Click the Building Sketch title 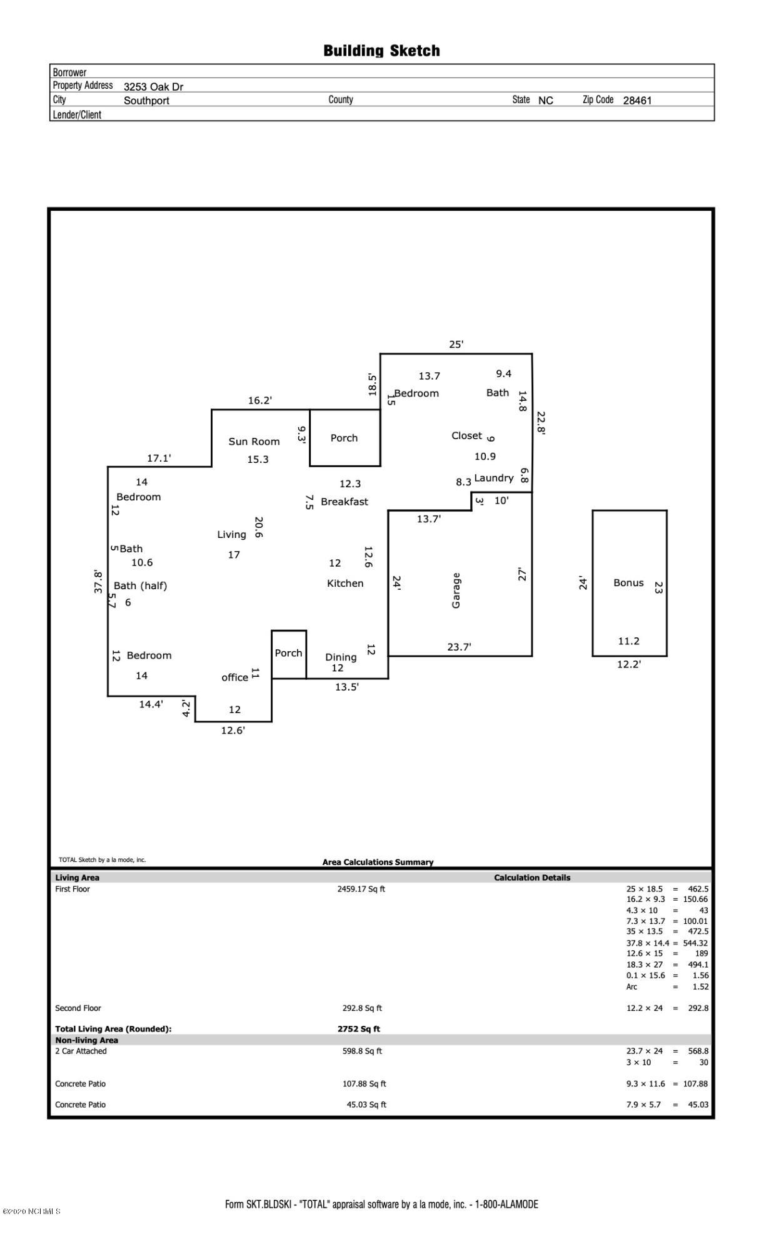[x=381, y=51]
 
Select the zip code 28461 [x=637, y=100]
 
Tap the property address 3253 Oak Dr [x=153, y=87]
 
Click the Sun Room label [x=254, y=442]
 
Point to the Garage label [x=456, y=590]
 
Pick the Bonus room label [x=628, y=583]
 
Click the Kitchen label [x=345, y=584]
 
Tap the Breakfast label [x=344, y=502]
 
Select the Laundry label [x=494, y=478]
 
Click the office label [x=234, y=677]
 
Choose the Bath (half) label [x=140, y=586]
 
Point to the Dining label [x=341, y=657]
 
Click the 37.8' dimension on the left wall [x=98, y=581]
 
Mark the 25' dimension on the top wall [x=456, y=344]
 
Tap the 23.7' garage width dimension [x=459, y=647]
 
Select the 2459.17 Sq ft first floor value [x=361, y=889]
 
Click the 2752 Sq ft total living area [x=358, y=1029]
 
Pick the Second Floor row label [x=78, y=1008]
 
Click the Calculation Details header [x=532, y=878]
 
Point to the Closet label [x=467, y=436]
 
